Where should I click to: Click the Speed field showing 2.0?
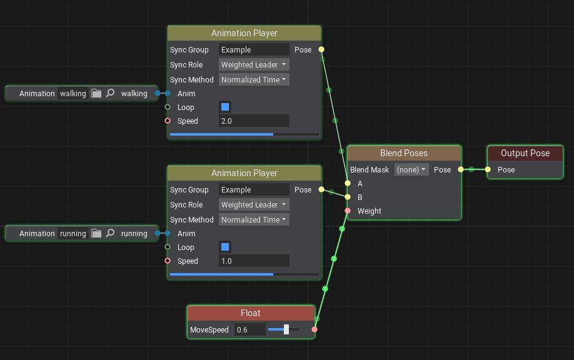254,121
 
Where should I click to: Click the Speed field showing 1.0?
254,261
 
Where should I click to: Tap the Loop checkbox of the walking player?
225,107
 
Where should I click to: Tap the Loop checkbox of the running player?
225,247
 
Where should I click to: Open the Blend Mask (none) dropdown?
411,170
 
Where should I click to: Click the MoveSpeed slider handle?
286,329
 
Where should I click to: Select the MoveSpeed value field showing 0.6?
250,329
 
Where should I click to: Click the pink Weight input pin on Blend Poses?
348,211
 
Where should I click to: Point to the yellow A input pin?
348,183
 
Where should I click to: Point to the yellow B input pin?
348,197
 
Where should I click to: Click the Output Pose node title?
525,153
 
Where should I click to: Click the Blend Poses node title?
404,153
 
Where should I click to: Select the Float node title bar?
251,313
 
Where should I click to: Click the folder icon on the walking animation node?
96,93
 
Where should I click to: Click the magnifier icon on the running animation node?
110,233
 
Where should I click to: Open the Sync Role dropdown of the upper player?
254,65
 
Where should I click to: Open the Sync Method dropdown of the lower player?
254,219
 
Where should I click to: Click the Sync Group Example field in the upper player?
254,50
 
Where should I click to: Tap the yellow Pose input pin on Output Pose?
488,169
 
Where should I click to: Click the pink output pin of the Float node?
315,329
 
